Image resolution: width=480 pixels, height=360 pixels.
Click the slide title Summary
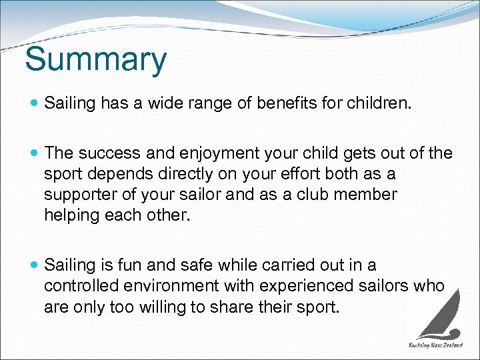[95, 60]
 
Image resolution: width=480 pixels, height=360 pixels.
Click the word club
[311, 195]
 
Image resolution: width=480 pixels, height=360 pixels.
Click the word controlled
[81, 285]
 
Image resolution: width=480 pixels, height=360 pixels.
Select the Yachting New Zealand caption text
[435, 345]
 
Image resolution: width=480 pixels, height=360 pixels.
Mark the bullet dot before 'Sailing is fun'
[35, 265]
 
